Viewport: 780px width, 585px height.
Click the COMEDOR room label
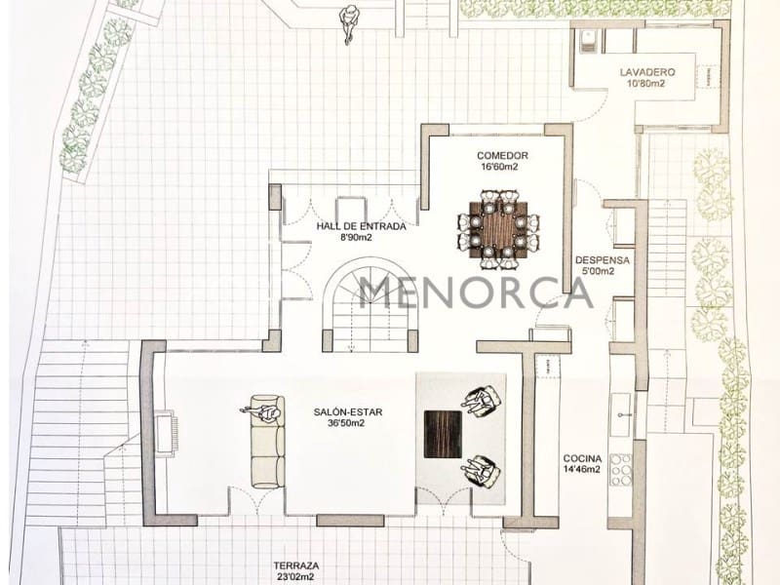pyautogui.click(x=502, y=156)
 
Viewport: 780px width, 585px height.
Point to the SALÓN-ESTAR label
pyautogui.click(x=348, y=411)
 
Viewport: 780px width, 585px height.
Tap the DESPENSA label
pyautogui.click(x=602, y=260)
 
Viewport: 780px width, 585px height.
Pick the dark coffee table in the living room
pyautogui.click(x=443, y=434)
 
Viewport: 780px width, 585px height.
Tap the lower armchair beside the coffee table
pyautogui.click(x=481, y=471)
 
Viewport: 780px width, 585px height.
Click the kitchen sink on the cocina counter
pyautogui.click(x=620, y=414)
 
